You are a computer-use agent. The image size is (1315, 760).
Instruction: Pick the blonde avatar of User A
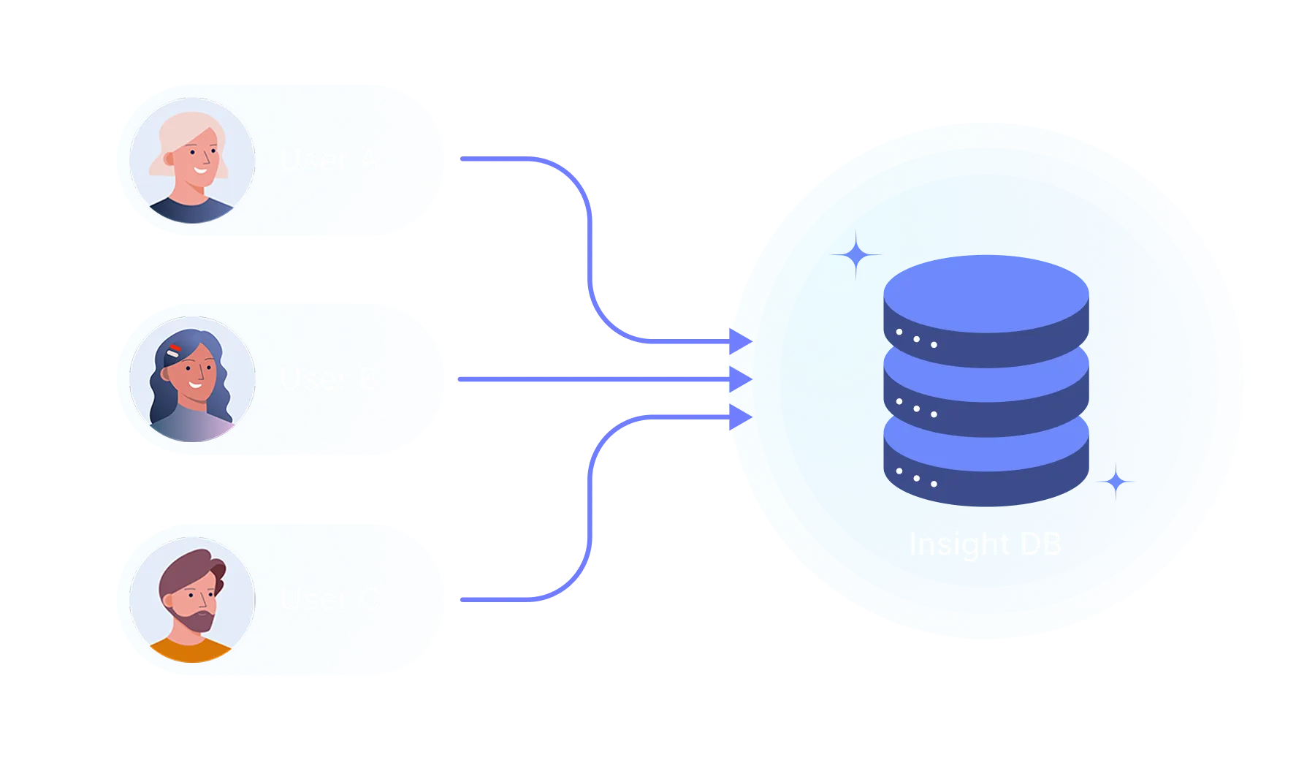(192, 160)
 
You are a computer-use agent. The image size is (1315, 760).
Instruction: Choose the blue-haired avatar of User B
(192, 379)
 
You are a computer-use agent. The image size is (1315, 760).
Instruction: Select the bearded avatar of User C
(192, 599)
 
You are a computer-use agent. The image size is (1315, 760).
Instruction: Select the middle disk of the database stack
(986, 391)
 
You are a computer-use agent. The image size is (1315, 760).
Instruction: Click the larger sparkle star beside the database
(856, 255)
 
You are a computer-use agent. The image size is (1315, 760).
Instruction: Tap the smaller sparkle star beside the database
(1116, 482)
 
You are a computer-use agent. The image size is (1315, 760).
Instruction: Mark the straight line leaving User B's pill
(584, 379)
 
